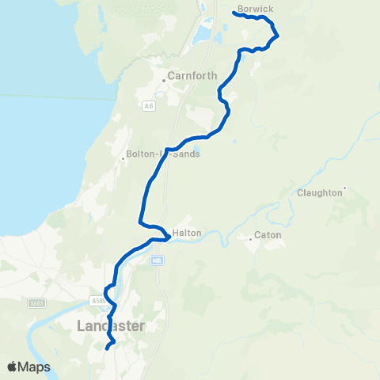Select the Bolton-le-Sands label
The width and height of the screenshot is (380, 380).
coord(164,154)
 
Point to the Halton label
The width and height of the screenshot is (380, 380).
coord(187,233)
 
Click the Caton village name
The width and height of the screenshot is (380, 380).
coord(268,235)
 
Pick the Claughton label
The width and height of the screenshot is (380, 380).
coord(319,192)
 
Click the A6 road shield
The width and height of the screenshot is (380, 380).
coord(148,104)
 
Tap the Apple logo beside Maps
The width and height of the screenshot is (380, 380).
coord(13,367)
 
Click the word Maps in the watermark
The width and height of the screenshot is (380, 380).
coord(34,367)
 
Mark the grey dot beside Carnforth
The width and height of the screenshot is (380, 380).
coord(166,78)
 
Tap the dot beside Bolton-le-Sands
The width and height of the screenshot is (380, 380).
coord(123,158)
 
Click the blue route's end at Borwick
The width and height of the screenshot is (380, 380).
coord(235,13)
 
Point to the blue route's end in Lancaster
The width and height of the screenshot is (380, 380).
coord(107,347)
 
